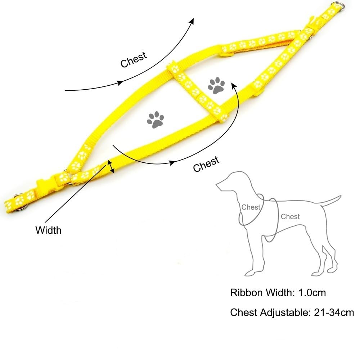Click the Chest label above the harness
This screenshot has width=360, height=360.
coord(134,59)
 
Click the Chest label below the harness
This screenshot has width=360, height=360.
coord(206,164)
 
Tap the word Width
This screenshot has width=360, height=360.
coord(48,230)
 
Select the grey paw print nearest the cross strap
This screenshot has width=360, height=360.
coord(216,86)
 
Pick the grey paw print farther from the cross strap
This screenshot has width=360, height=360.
coord(155,119)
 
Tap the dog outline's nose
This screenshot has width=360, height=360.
coord(217,186)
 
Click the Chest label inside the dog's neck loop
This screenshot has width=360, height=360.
coord(251,207)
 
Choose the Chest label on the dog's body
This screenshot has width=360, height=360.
coord(290,216)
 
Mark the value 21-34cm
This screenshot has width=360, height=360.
coord(333,312)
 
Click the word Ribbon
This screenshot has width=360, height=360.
coord(246,292)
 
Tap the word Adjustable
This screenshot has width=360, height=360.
coord(283,312)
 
